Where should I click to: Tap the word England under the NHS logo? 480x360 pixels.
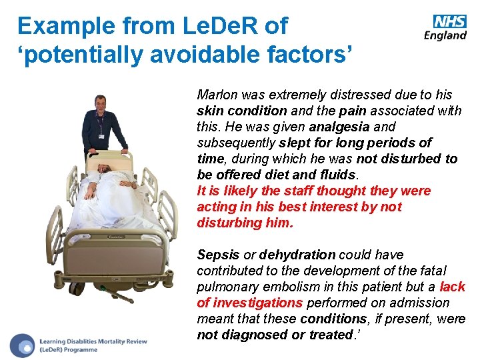(445, 35)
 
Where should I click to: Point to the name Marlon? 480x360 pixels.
(215, 95)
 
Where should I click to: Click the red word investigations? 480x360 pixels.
(256, 303)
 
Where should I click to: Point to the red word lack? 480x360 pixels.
(453, 287)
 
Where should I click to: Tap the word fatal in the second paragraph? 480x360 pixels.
(433, 271)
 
